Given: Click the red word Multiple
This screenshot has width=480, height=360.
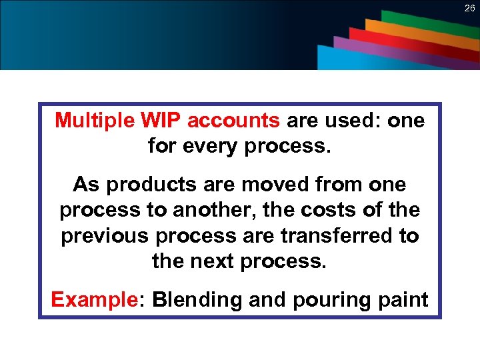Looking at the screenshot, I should (x=95, y=121).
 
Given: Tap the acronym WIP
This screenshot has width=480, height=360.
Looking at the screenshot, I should (x=161, y=121).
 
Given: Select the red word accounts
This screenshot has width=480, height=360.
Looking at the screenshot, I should (x=233, y=121).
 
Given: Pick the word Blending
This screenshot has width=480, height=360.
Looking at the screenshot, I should (x=197, y=300).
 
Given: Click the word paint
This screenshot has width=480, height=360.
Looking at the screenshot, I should (x=403, y=300).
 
